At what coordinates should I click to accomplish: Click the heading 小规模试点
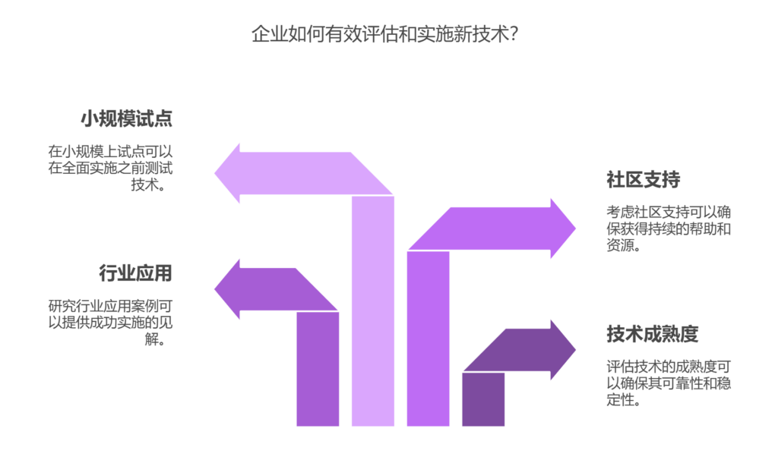coord(127,119)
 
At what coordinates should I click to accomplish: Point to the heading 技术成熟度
coord(652,334)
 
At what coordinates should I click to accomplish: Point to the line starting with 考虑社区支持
coord(669,212)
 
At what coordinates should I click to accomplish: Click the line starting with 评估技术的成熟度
coord(669,366)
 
